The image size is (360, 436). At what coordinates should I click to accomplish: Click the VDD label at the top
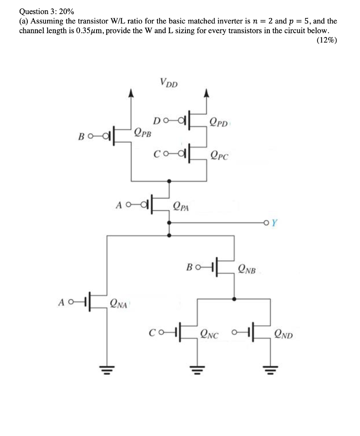coord(169,82)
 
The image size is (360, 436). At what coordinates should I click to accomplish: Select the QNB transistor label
coord(247,269)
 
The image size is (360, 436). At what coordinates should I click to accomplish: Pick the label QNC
coord(209,335)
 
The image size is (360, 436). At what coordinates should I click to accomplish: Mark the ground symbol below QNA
coord(106,367)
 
